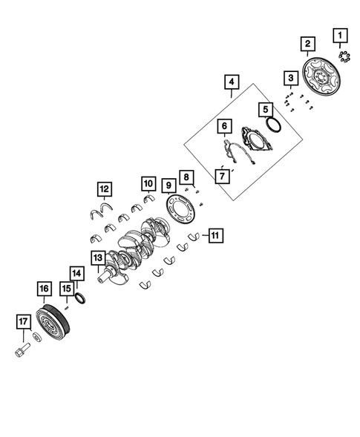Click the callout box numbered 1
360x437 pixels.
click(x=340, y=36)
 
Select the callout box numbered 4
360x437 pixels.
click(x=232, y=82)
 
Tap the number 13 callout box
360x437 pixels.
click(x=98, y=257)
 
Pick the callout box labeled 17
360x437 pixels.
click(x=23, y=322)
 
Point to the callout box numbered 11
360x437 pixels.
click(x=216, y=235)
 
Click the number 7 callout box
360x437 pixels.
click(x=222, y=176)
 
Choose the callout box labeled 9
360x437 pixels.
click(x=169, y=185)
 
